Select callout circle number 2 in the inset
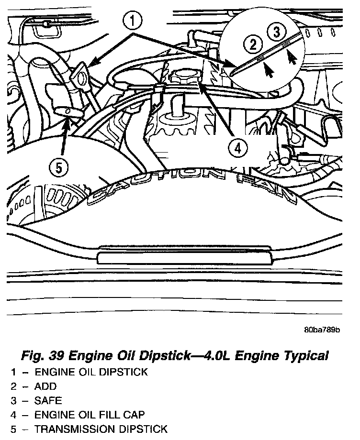click(254, 45)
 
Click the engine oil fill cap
click(183, 76)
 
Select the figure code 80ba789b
click(321, 330)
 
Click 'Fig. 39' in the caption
click(43, 356)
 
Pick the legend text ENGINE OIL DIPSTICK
click(91, 372)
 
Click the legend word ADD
click(45, 386)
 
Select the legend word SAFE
click(48, 400)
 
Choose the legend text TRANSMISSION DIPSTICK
click(101, 429)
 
